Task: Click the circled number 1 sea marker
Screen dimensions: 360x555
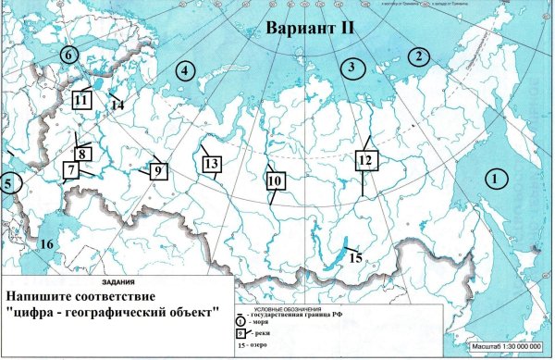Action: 499,177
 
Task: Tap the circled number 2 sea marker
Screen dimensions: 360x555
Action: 419,56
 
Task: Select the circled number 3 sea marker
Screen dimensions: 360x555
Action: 351,67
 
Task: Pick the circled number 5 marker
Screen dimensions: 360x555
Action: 8,183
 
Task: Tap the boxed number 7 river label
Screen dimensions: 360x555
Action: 70,170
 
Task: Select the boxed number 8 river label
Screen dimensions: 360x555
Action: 82,154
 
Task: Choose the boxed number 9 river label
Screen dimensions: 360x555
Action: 158,170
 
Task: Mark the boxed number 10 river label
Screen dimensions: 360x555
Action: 275,181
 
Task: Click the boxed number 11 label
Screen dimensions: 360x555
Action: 82,99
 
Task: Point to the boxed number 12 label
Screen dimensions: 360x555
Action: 366,160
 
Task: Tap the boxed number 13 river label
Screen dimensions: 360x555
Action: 212,165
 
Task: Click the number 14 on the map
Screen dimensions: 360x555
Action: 117,106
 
